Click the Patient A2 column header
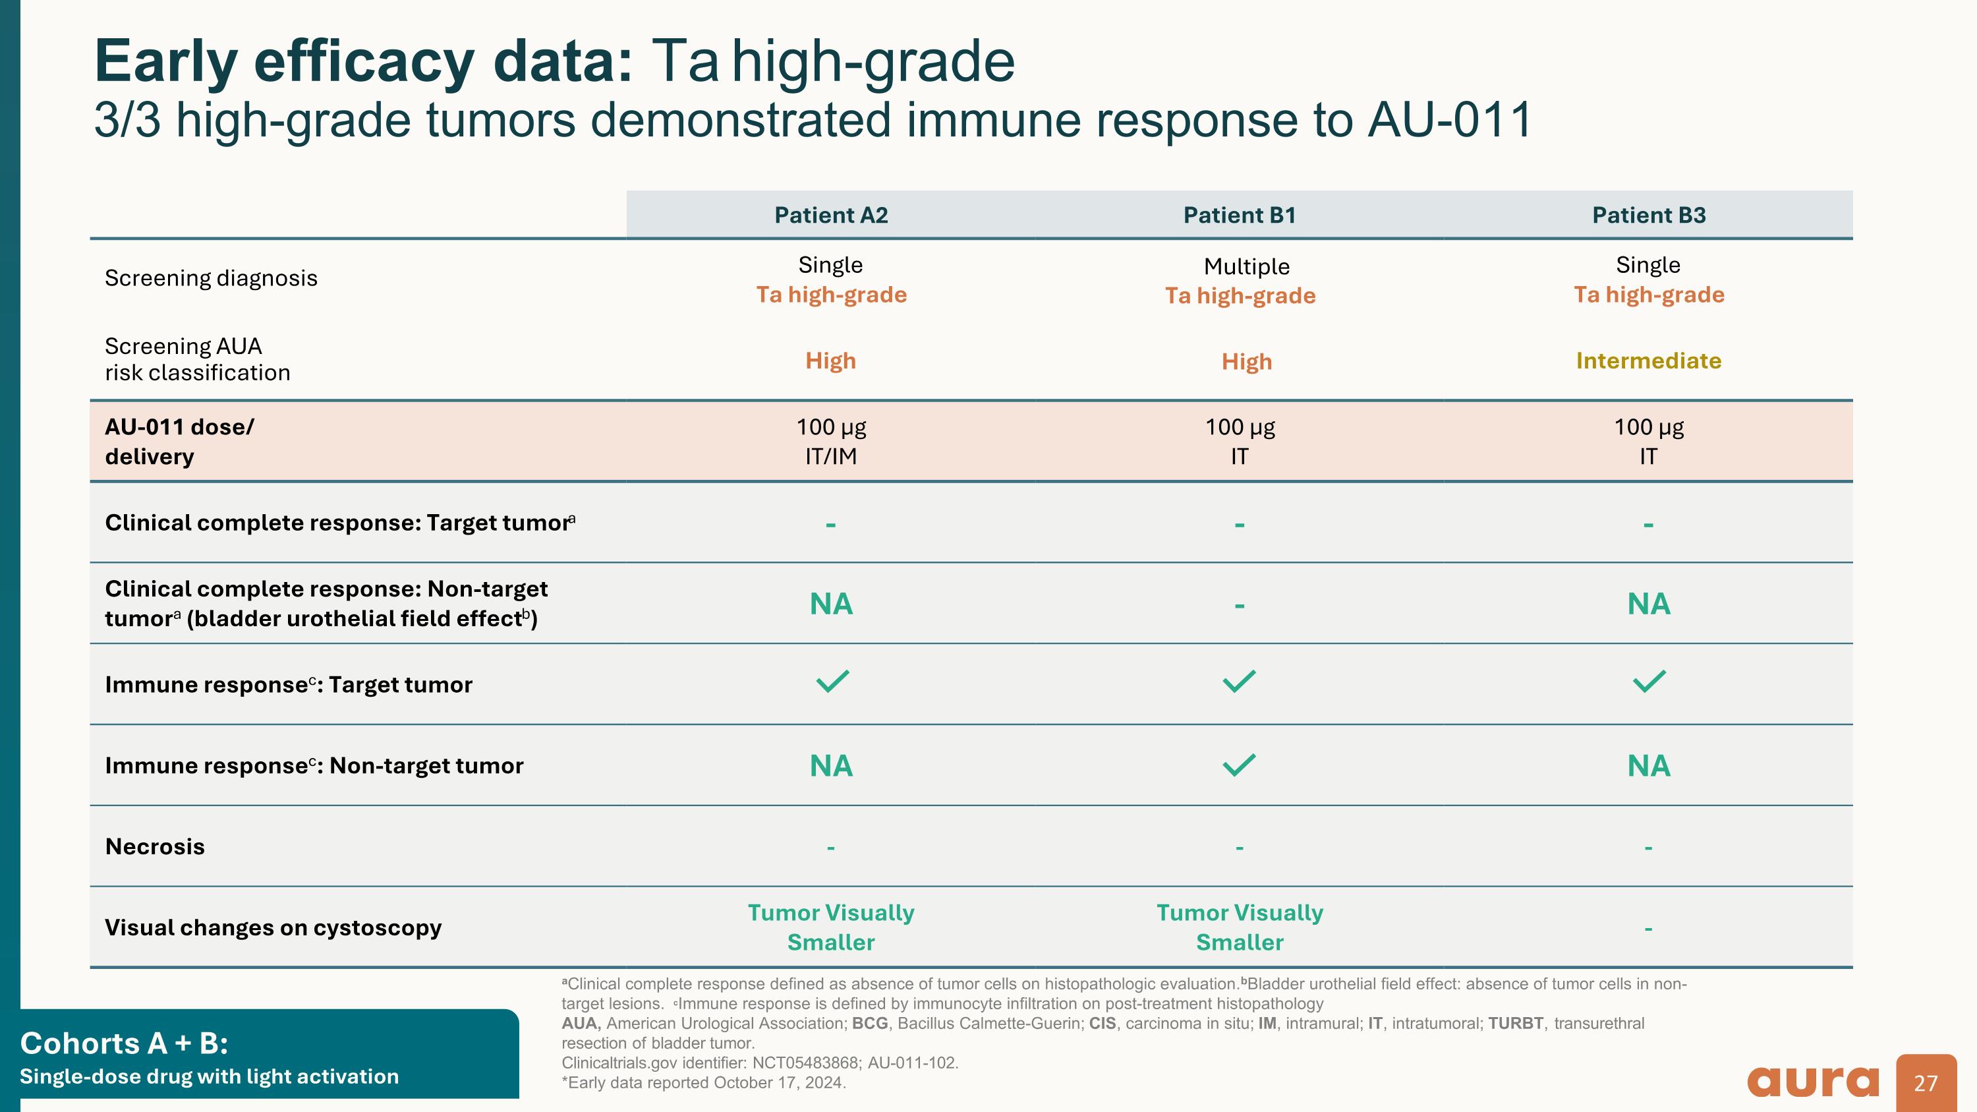[x=830, y=215]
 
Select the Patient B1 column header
[x=1239, y=215]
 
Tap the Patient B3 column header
[x=1649, y=215]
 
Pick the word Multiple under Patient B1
[x=1246, y=266]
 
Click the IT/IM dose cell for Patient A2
[x=830, y=456]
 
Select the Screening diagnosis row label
[x=210, y=278]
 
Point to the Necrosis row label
[x=154, y=846]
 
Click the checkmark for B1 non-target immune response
[x=1239, y=765]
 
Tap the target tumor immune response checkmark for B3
[x=1649, y=681]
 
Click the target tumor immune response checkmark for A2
[x=832, y=681]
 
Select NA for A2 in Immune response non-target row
[x=830, y=766]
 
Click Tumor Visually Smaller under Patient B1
[x=1239, y=927]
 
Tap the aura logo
[x=1813, y=1081]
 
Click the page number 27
[x=1926, y=1083]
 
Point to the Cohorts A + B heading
[x=124, y=1043]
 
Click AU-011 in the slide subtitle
[x=1449, y=120]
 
